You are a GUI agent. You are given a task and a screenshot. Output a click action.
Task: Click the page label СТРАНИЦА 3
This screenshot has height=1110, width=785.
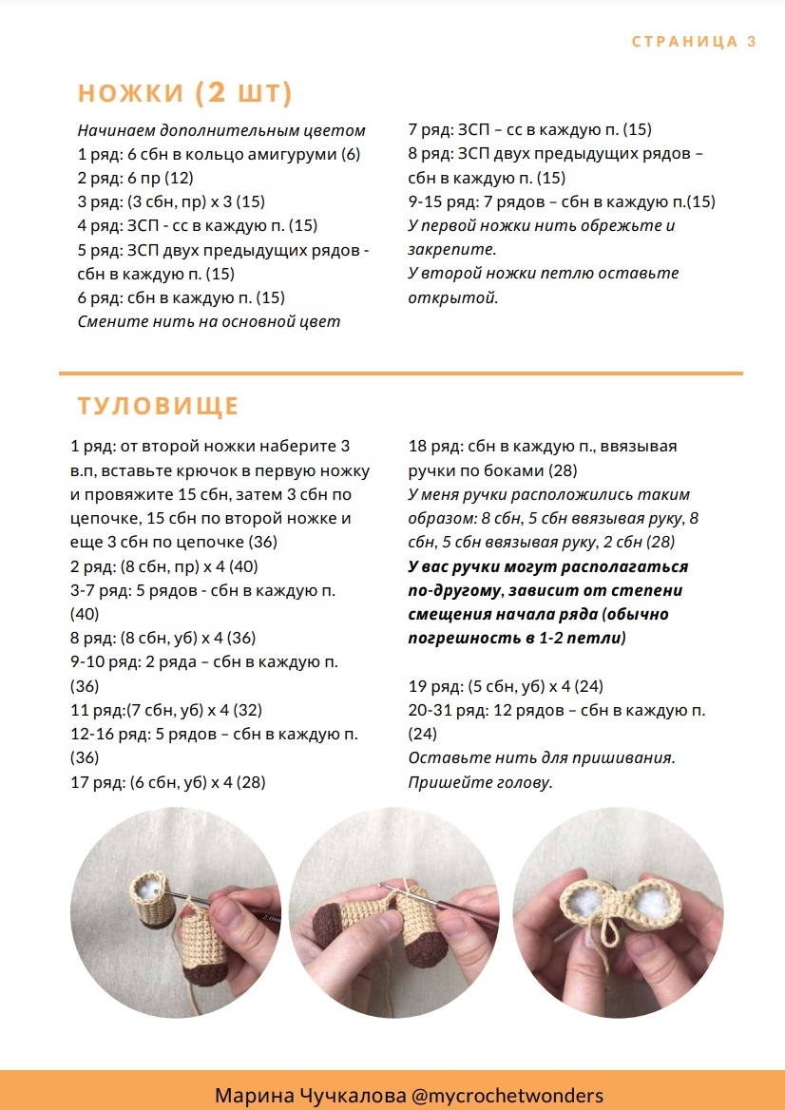pos(694,41)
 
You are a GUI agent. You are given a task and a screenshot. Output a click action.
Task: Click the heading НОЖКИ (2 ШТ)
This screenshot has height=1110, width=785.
pos(185,93)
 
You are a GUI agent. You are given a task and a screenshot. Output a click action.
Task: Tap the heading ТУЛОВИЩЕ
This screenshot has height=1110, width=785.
pos(158,407)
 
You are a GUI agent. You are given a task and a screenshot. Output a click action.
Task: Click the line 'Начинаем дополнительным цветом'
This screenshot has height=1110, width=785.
pos(221,130)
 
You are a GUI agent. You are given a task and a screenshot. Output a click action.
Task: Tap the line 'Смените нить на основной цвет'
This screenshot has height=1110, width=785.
pos(208,321)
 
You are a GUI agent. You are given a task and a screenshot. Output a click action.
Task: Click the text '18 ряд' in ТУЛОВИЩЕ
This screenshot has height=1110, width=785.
pos(430,446)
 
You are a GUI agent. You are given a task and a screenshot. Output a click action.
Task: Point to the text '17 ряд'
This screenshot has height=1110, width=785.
pos(96,782)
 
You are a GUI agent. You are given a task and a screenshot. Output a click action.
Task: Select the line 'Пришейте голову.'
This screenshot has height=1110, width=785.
pos(480,782)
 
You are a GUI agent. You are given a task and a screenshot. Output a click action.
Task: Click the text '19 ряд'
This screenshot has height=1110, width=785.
pos(430,686)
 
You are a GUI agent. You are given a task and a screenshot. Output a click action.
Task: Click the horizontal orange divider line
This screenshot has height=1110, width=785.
pos(400,373)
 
